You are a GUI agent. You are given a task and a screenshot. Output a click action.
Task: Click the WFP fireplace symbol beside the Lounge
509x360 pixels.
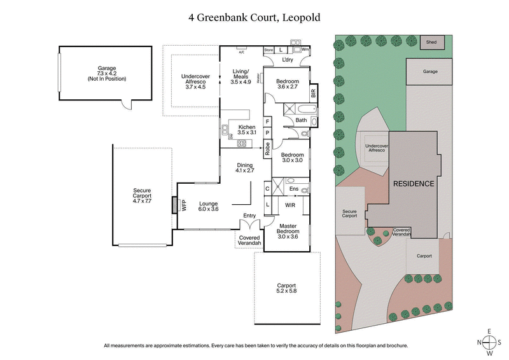174,205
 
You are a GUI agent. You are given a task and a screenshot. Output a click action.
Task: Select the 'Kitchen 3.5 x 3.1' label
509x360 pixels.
247,130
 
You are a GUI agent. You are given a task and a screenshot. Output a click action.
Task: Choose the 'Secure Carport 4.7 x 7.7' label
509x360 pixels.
142,196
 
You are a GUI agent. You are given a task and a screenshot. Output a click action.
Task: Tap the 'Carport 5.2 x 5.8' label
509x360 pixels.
287,287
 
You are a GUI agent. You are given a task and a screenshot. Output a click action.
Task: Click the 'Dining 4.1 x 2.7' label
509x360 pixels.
245,168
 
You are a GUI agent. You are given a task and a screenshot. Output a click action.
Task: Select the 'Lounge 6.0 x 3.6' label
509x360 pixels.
209,205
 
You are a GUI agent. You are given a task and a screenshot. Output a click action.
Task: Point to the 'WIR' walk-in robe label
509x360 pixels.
290,205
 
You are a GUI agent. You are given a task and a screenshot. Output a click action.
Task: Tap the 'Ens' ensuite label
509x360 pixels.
294,189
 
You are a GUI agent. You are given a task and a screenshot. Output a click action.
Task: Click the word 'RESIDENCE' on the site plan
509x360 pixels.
414,184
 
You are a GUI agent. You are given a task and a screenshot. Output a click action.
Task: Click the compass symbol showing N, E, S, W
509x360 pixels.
490,342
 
